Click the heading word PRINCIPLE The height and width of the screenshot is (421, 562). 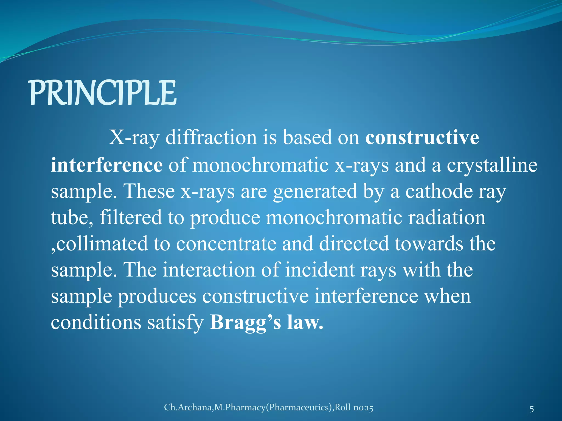(103, 93)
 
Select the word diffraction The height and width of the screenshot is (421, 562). (211, 137)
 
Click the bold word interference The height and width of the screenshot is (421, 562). (106, 165)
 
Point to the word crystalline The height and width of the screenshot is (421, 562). (492, 166)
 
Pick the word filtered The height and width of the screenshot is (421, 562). (131, 217)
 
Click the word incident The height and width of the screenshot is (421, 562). (320, 270)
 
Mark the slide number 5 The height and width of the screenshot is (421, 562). (532, 409)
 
